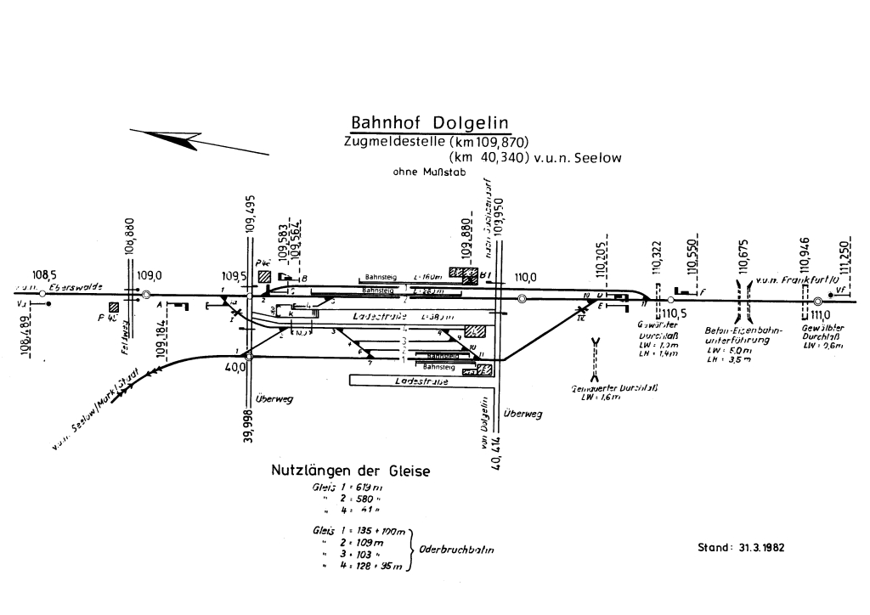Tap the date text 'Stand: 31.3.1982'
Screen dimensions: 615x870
741,547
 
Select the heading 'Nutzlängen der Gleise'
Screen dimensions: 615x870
350,471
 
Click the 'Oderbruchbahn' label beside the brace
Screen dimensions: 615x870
457,550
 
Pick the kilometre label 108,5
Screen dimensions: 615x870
44,275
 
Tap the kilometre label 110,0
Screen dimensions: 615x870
525,277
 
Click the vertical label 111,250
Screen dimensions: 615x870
844,251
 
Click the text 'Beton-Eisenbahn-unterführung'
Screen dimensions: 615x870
737,335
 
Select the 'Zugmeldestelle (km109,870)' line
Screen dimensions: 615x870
436,142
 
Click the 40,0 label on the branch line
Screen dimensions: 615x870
234,367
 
